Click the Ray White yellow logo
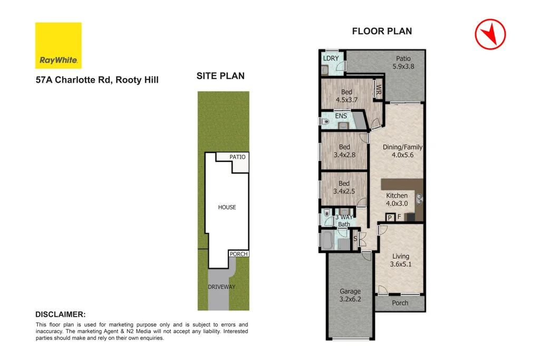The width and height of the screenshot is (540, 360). pos(58,45)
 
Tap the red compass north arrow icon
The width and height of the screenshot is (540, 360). pos(490,35)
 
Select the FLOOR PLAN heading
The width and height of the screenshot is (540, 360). pos(382,31)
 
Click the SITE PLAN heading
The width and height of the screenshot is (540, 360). pos(220,76)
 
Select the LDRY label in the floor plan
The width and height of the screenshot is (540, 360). pos(331,59)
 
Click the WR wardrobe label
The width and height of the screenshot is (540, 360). pos(378,89)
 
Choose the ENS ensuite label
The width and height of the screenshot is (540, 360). pos(341,116)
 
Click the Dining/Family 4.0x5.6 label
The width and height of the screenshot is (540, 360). pos(402,151)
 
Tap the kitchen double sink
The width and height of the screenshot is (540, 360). pos(419,199)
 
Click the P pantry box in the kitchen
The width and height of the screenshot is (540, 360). pos(390,217)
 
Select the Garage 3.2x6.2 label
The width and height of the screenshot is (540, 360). pos(350,295)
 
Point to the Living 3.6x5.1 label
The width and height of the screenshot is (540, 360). pos(400,260)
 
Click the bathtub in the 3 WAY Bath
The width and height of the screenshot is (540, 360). pos(327,241)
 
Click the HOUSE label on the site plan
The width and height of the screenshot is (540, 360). pos(227,207)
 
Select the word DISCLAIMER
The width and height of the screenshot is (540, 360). pos(60,314)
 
